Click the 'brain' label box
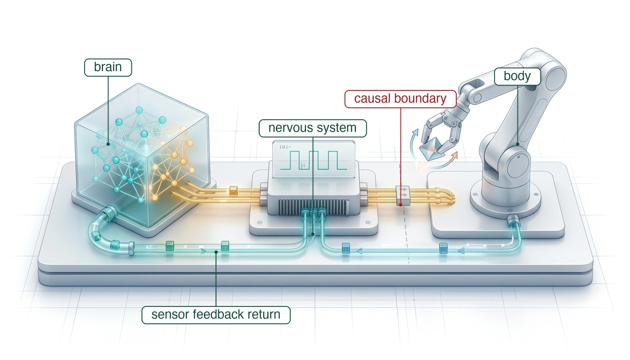coord(108,67)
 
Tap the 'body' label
coord(517,76)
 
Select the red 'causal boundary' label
coord(400,99)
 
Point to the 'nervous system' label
coord(312,128)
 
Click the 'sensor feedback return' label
coord(216,315)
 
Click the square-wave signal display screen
coord(314,160)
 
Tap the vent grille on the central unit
coord(314,207)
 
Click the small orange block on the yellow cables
coord(233,192)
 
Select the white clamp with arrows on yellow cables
coord(403,195)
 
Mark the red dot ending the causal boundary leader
coord(400,205)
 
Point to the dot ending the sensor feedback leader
coord(216,252)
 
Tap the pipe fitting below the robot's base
coord(513,221)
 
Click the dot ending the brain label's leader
coord(108,144)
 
